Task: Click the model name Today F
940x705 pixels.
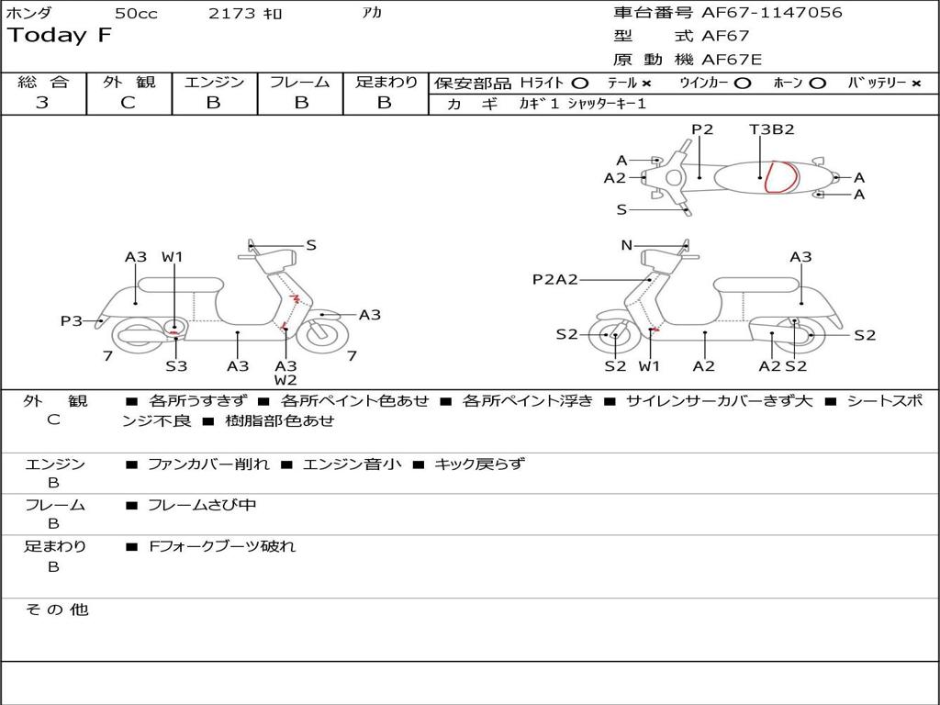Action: (60, 37)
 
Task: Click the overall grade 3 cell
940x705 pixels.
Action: (42, 103)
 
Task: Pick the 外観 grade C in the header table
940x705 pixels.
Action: (128, 103)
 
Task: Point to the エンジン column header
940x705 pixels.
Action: (214, 82)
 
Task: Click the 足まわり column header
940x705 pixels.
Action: (386, 82)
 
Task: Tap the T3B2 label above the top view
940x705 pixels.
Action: (771, 129)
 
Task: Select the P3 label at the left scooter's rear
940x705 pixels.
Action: (72, 320)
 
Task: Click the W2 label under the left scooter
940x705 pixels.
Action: (285, 380)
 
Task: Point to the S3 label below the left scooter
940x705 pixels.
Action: (176, 366)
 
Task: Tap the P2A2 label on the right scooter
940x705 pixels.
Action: (554, 279)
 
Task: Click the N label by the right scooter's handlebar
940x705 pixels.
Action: (627, 245)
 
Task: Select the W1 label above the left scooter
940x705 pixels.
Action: (173, 257)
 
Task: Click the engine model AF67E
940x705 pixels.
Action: (732, 60)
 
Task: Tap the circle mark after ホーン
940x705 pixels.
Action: (817, 83)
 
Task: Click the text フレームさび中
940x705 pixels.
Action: (202, 505)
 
